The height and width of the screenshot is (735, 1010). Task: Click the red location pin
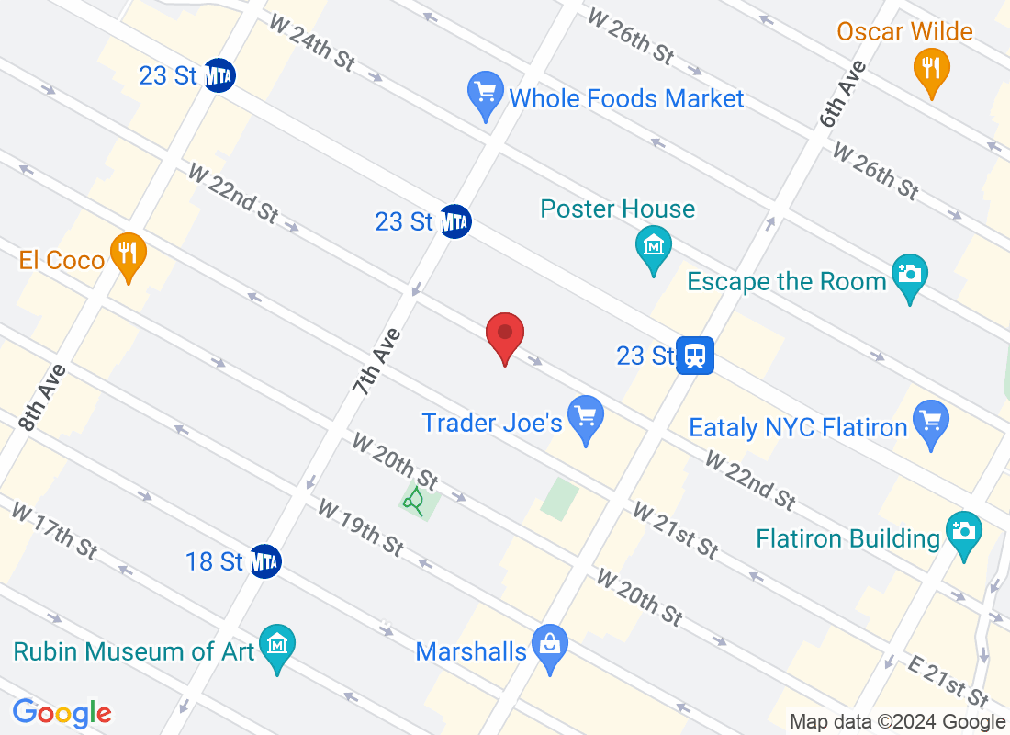(x=504, y=334)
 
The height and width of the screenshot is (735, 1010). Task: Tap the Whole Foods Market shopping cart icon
(x=483, y=93)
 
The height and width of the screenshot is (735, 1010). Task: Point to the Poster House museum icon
(x=653, y=247)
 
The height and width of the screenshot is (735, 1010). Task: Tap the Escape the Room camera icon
(x=909, y=275)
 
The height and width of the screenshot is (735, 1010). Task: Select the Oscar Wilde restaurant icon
(x=932, y=67)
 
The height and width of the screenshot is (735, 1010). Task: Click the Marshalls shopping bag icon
(x=550, y=646)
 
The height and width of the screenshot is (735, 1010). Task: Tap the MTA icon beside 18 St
(x=265, y=561)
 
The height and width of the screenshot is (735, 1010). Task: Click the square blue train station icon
(x=695, y=355)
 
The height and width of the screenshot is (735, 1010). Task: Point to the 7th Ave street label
(x=376, y=362)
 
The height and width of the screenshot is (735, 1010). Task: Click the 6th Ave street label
(x=842, y=93)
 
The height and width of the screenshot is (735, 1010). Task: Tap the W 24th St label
(x=311, y=42)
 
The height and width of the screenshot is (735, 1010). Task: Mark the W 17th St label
(x=54, y=530)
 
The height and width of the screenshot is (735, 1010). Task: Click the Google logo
(x=62, y=712)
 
